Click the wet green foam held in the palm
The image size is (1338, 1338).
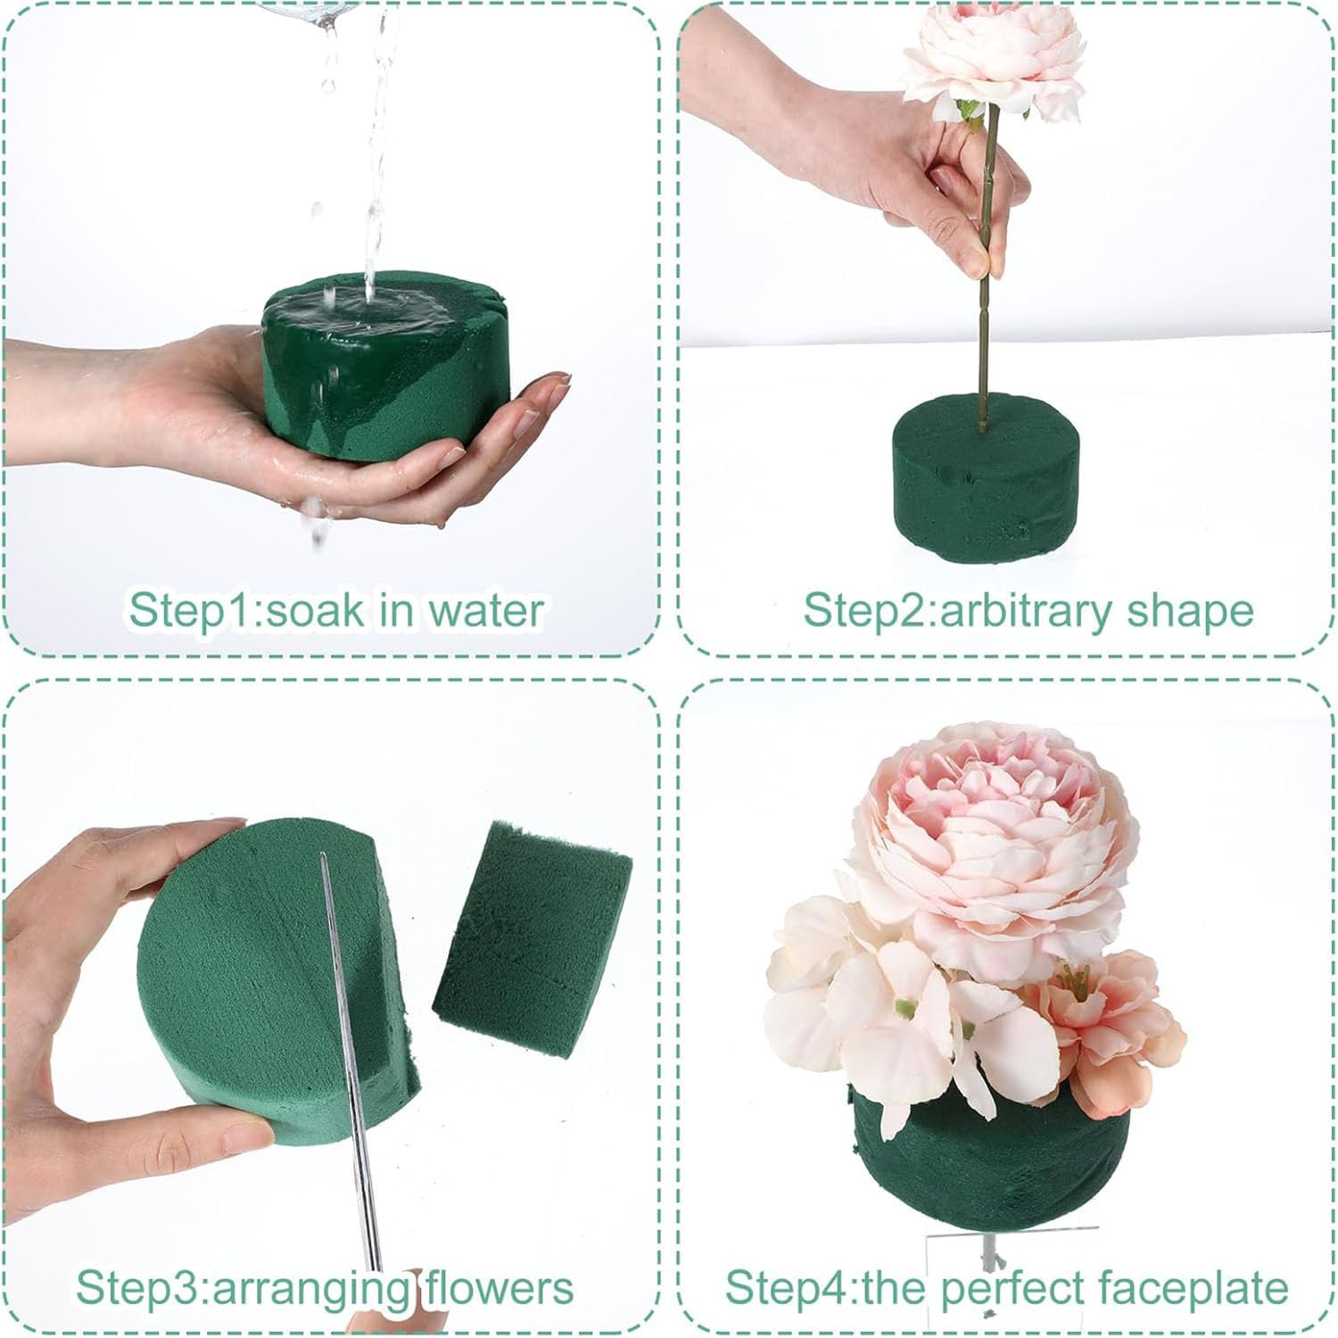(384, 384)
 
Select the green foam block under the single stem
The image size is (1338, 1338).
(985, 482)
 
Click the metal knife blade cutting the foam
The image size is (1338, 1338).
(352, 1070)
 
